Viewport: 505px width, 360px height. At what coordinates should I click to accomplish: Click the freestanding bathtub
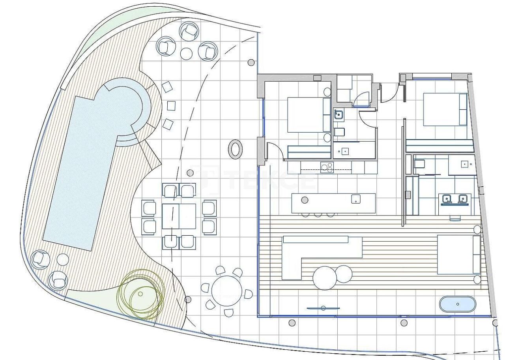pyautogui.click(x=458, y=304)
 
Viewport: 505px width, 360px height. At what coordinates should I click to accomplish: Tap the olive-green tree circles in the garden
pyautogui.click(x=141, y=294)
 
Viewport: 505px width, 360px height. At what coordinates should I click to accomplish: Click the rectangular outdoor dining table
pyautogui.click(x=179, y=216)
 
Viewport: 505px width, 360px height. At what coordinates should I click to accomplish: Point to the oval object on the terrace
pyautogui.click(x=235, y=149)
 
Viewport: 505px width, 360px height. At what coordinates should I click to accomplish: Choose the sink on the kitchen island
pyautogui.click(x=356, y=199)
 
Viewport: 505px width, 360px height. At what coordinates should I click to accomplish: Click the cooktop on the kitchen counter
pyautogui.click(x=327, y=167)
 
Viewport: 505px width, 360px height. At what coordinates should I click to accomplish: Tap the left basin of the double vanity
pyautogui.click(x=447, y=199)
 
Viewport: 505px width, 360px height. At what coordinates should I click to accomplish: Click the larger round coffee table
pyautogui.click(x=324, y=278)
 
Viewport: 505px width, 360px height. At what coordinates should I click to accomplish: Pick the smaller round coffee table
pyautogui.click(x=344, y=273)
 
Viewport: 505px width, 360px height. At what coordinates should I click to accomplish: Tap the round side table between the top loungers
pyautogui.click(x=186, y=53)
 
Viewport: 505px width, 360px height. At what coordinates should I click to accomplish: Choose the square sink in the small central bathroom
pyautogui.click(x=339, y=115)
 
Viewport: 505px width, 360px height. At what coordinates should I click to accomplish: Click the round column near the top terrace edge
pyautogui.click(x=251, y=62)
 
